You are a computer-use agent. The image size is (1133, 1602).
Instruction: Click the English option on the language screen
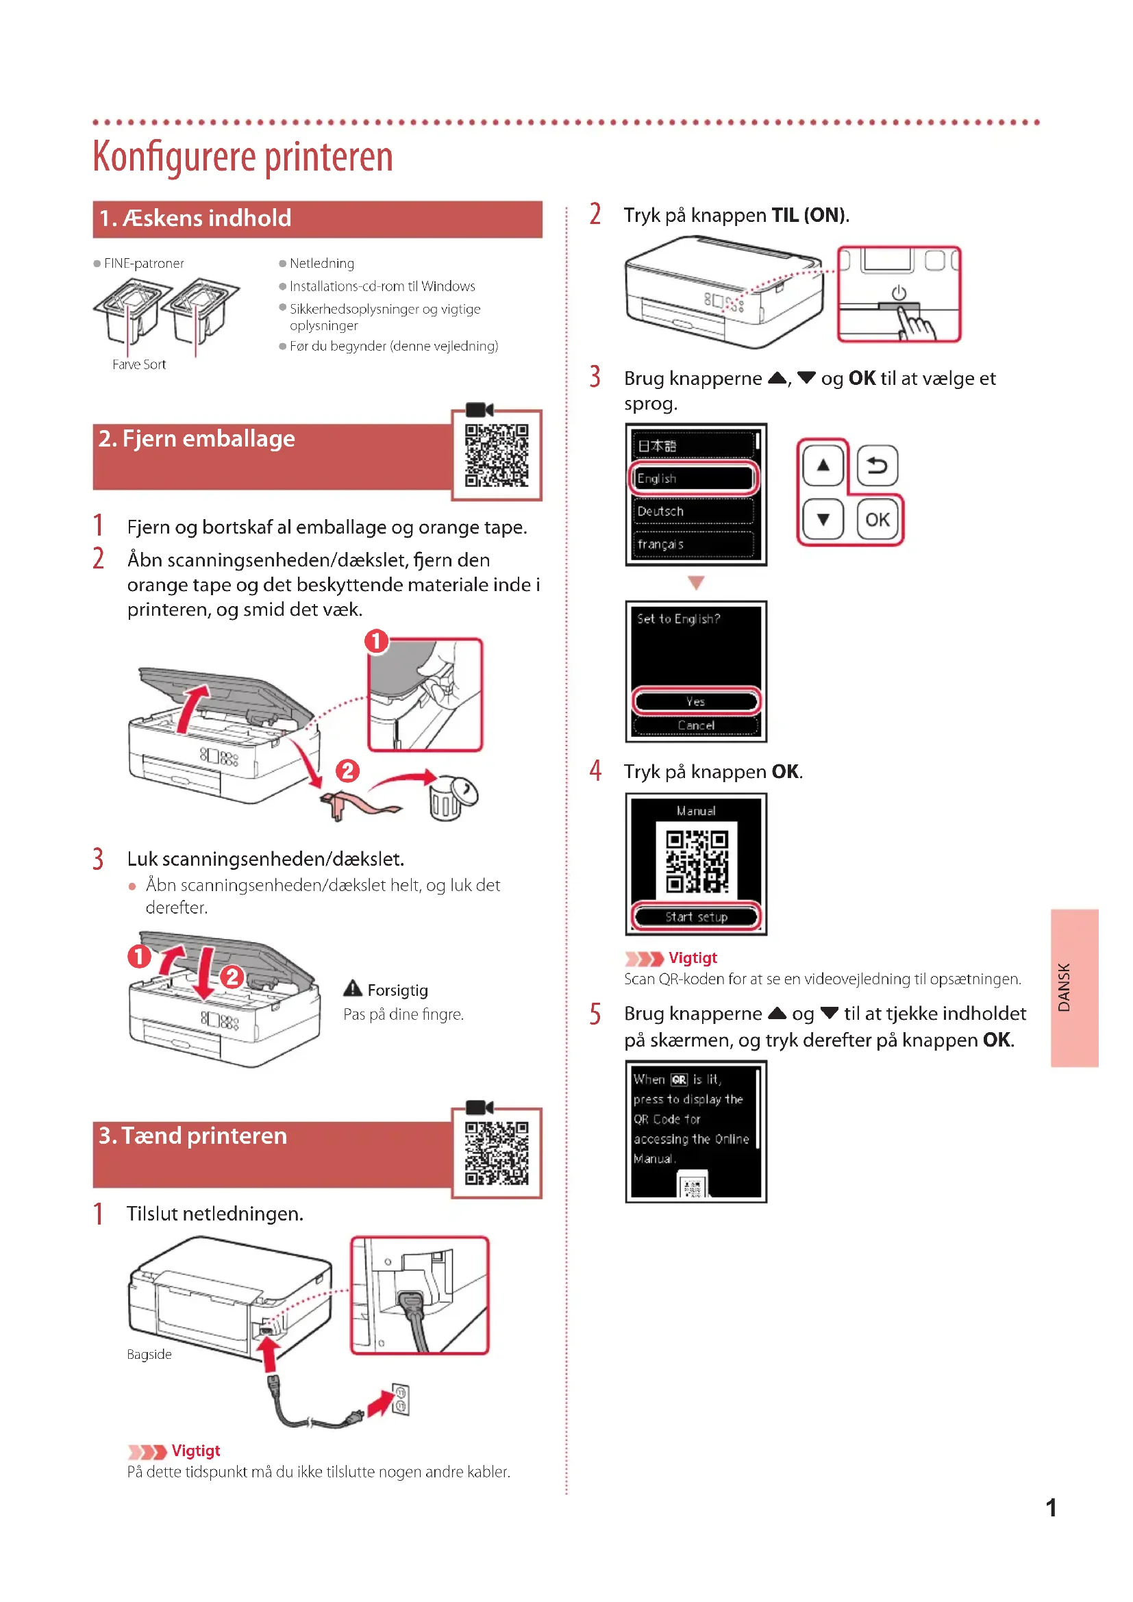(x=693, y=479)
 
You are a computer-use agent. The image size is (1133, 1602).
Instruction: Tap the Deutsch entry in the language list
(x=693, y=512)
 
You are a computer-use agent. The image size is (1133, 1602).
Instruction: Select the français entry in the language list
(x=693, y=545)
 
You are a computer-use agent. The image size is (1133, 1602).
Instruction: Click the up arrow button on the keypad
(x=823, y=465)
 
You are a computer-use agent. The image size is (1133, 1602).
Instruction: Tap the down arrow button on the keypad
(x=823, y=520)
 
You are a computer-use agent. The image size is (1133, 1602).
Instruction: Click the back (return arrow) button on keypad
(x=877, y=465)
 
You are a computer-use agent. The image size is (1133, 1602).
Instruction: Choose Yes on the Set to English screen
(x=695, y=701)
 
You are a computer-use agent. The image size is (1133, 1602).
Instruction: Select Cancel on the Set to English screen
(x=695, y=725)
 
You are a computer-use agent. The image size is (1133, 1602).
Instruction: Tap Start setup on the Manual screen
(x=695, y=917)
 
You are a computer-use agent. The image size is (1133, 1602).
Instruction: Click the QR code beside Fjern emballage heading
(x=497, y=455)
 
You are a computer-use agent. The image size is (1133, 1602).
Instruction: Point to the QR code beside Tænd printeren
(x=497, y=1153)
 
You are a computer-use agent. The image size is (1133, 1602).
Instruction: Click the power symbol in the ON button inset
(x=899, y=293)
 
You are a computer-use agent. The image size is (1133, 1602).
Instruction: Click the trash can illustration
(x=450, y=797)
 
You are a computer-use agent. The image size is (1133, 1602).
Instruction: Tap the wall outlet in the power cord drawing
(x=401, y=1399)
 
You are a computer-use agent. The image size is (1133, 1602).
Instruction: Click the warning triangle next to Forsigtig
(x=353, y=989)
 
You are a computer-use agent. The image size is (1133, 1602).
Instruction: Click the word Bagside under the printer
(x=149, y=1354)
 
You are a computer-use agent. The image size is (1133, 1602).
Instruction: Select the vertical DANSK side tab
(x=1074, y=988)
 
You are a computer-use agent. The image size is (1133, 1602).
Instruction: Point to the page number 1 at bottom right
(x=1051, y=1507)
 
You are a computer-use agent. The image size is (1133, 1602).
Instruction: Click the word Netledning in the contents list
(x=322, y=263)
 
